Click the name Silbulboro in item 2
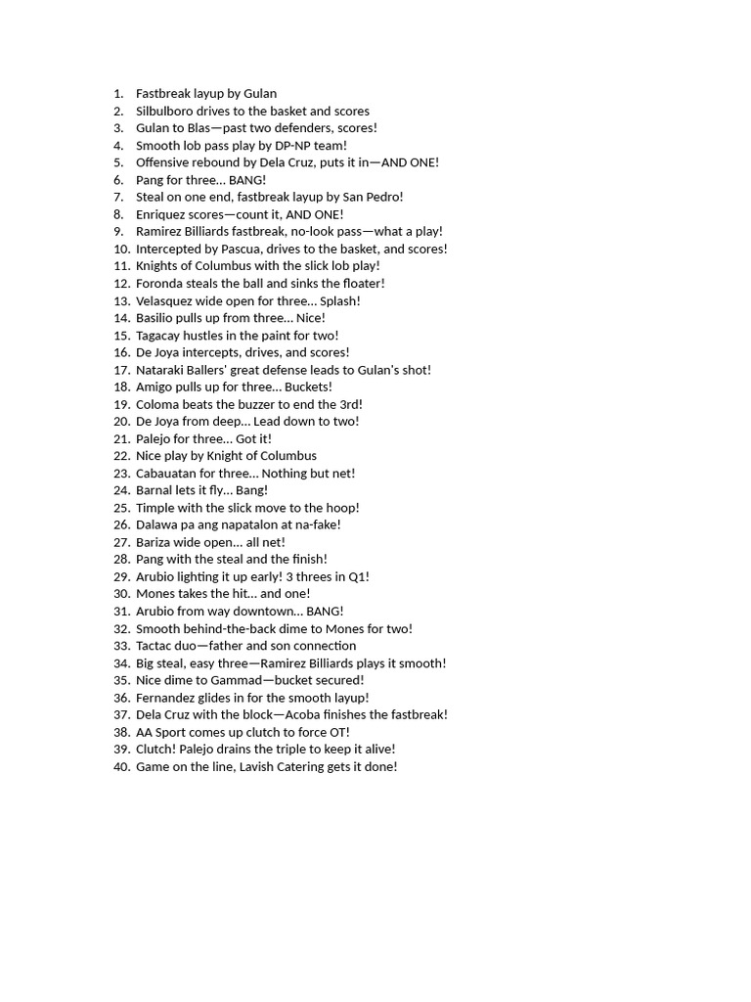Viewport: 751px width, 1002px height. click(x=167, y=111)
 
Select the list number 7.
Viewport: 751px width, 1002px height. click(x=118, y=197)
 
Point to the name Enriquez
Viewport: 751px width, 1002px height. click(x=162, y=214)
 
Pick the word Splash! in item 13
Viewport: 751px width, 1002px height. click(x=340, y=300)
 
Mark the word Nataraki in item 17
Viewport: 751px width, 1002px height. click(x=162, y=370)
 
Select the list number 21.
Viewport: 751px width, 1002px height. click(x=121, y=438)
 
